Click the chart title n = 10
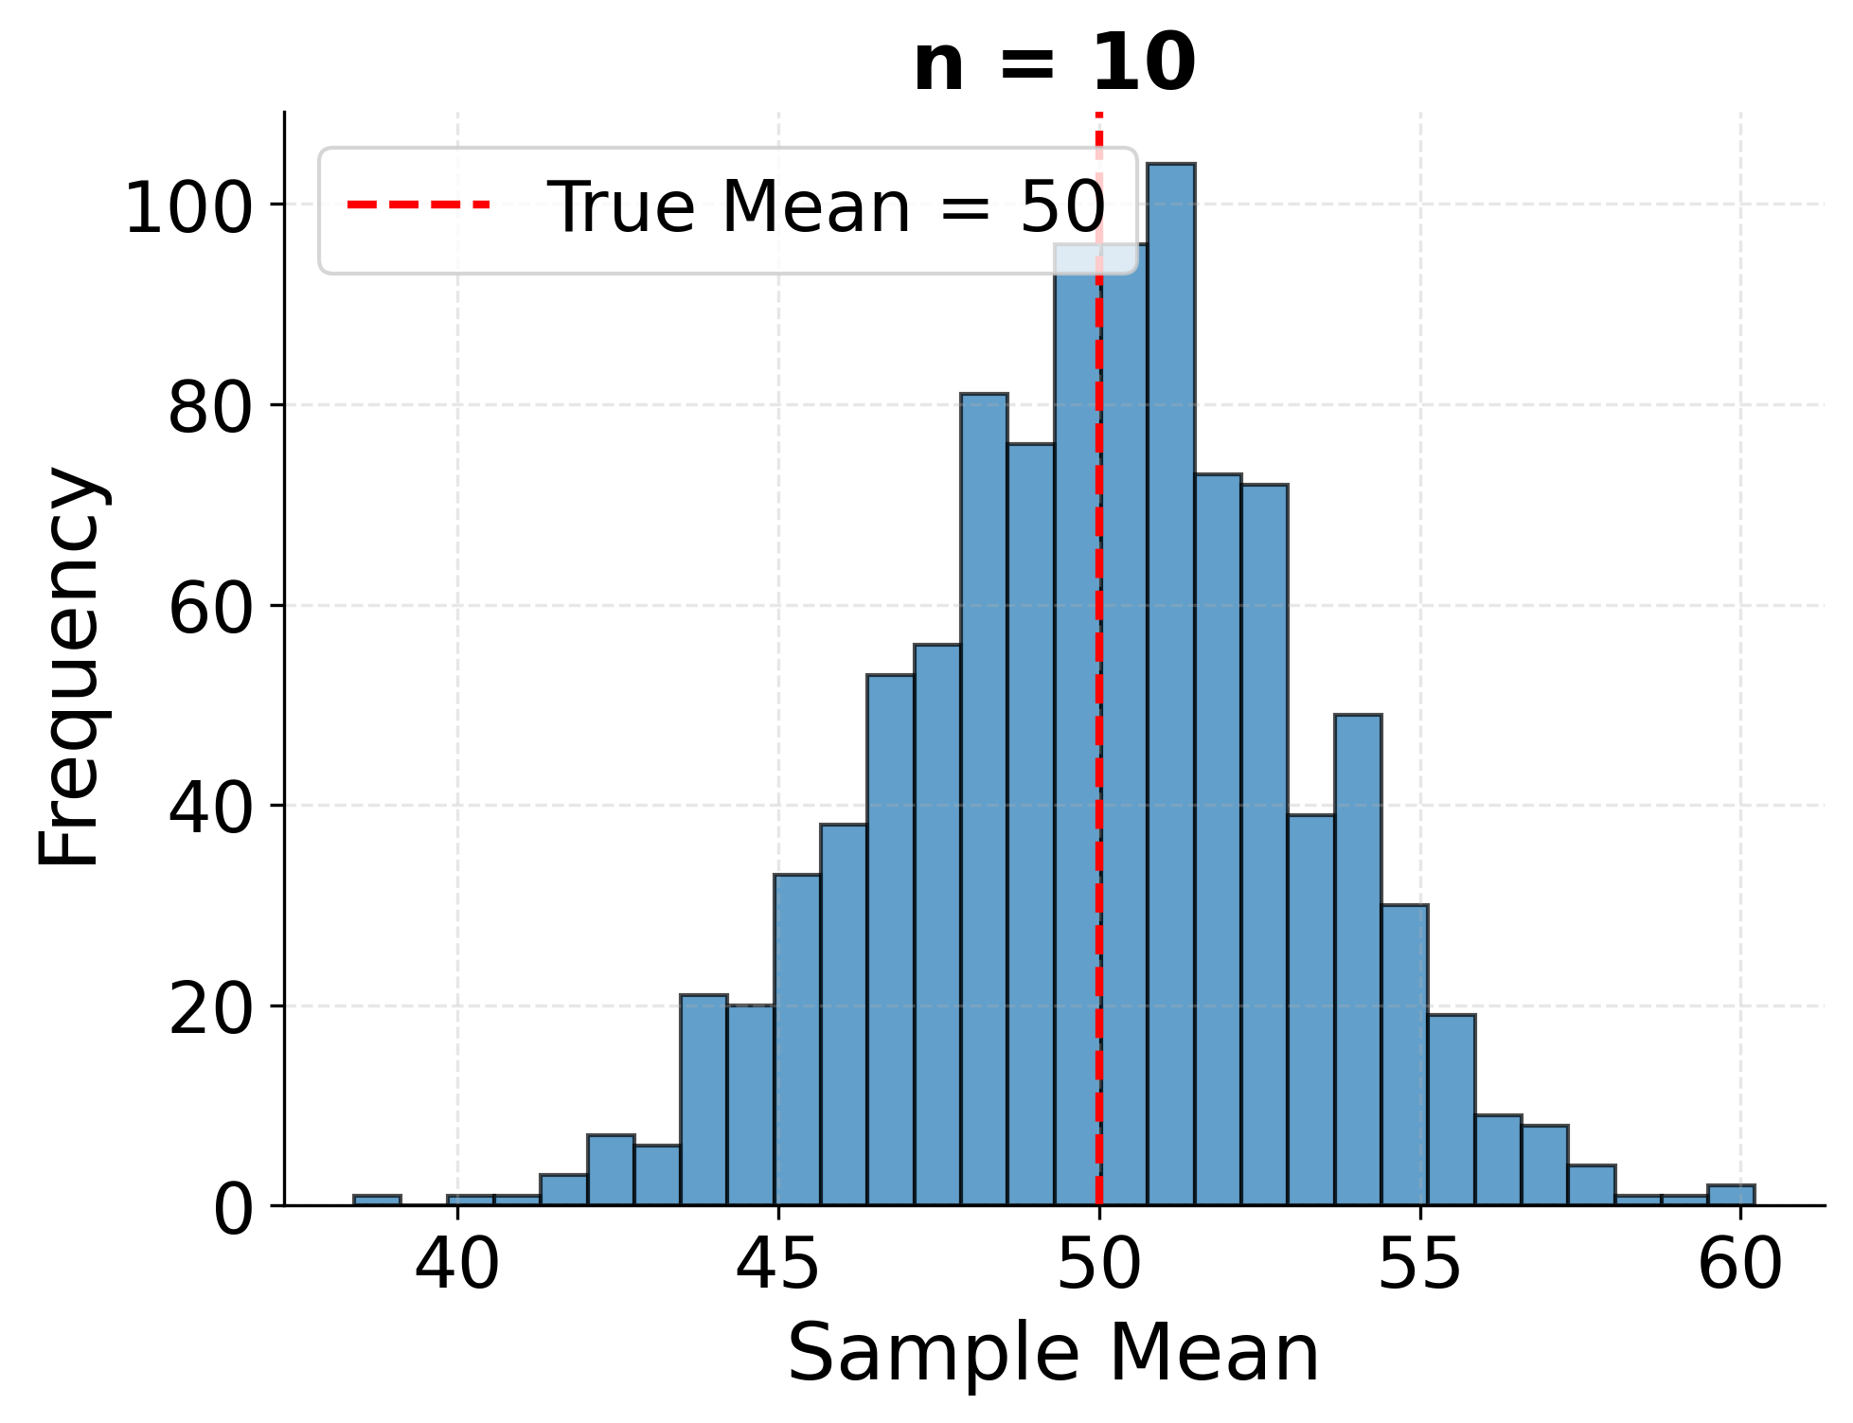(1054, 64)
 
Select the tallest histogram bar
(1170, 682)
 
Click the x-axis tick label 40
(457, 1265)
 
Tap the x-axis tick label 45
(777, 1265)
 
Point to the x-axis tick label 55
(1419, 1265)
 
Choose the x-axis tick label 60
(1739, 1265)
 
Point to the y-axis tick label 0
(233, 1211)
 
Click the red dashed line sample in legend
(419, 205)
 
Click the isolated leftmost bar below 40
(377, 1200)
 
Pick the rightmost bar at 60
(1730, 1195)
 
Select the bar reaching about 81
(984, 805)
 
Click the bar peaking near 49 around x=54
(1357, 956)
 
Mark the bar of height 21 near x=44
(704, 1098)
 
